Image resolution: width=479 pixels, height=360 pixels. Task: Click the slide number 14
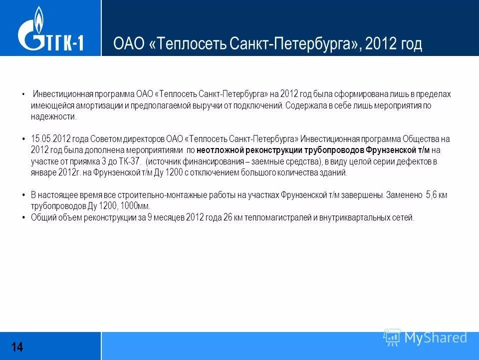click(x=17, y=346)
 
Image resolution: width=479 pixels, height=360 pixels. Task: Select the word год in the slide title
click(x=410, y=44)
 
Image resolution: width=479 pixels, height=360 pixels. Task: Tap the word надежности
click(x=53, y=116)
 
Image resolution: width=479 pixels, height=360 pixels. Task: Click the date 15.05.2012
click(x=49, y=138)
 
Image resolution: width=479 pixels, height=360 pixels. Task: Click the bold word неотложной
click(x=219, y=149)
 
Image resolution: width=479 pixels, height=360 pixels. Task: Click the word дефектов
click(x=404, y=161)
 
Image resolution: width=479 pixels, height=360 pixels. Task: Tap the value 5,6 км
click(x=436, y=195)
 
